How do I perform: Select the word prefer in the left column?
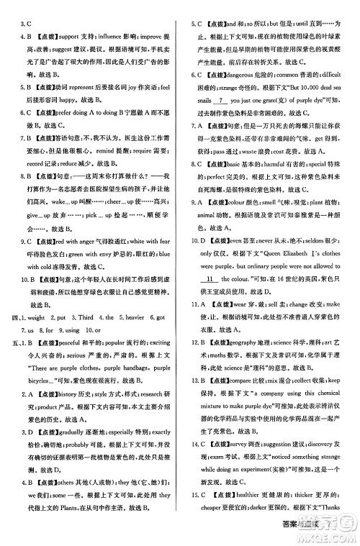67,112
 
